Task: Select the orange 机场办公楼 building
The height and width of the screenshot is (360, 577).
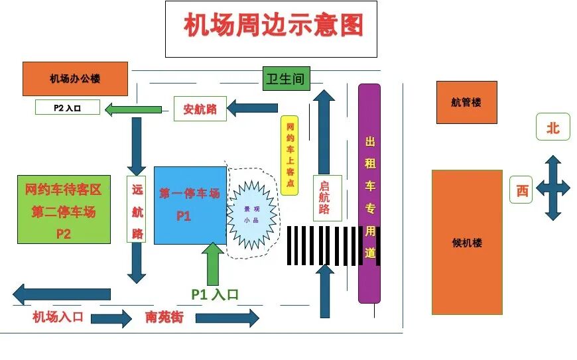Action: tap(74, 79)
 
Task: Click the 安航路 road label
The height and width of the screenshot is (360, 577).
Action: tap(200, 109)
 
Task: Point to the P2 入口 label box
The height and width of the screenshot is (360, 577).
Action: tap(67, 107)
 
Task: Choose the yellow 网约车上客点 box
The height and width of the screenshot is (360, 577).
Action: tap(290, 155)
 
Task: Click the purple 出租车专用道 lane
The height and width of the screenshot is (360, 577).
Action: tap(369, 192)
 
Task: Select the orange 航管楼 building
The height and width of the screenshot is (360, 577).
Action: tap(466, 103)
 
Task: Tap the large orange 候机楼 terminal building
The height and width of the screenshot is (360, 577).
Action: tap(467, 242)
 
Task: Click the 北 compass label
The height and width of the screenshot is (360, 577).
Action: tap(553, 127)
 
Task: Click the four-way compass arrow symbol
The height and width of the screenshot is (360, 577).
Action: tap(552, 188)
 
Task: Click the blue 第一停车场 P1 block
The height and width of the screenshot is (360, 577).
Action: tap(189, 205)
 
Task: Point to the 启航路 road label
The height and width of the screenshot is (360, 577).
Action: tap(324, 198)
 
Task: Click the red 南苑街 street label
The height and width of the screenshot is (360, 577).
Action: tap(163, 317)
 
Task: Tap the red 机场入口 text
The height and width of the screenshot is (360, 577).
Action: tap(58, 317)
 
